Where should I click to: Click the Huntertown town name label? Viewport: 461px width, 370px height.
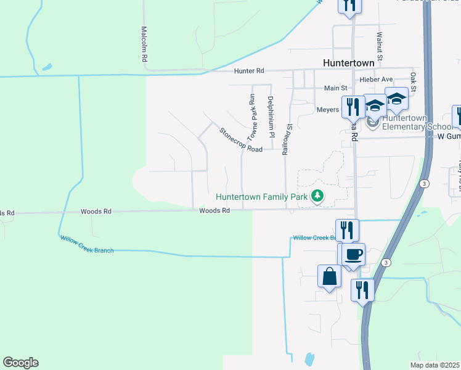point(349,63)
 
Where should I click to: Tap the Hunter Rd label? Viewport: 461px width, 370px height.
point(249,72)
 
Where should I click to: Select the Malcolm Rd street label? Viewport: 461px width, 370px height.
point(144,43)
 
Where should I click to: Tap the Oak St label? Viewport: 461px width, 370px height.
point(413,83)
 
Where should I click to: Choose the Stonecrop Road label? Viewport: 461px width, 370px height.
point(241,140)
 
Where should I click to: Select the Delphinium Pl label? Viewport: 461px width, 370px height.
point(270,115)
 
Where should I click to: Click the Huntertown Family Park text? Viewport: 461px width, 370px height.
point(262,197)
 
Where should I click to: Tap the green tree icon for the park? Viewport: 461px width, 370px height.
point(317,197)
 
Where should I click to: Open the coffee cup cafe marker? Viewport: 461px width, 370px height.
point(354,254)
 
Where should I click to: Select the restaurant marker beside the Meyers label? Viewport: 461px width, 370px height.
point(353,106)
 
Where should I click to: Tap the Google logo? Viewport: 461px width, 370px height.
point(20,363)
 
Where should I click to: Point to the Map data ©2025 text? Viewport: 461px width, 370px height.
point(435,365)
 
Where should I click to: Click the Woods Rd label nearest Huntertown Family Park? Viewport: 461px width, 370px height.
point(214,211)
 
